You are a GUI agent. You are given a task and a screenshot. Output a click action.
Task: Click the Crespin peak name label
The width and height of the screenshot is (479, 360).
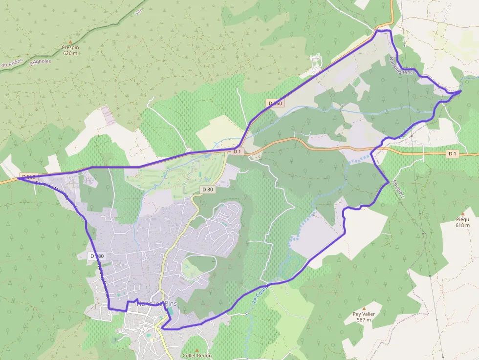(70, 47)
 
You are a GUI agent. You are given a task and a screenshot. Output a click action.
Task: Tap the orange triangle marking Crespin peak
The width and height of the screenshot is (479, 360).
(70, 42)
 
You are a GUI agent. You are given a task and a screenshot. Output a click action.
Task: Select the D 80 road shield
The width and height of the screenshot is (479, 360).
(208, 190)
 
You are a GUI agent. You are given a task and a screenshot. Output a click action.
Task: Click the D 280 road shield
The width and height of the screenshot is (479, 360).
(97, 256)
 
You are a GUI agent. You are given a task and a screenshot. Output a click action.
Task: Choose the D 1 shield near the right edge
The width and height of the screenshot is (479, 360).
(452, 154)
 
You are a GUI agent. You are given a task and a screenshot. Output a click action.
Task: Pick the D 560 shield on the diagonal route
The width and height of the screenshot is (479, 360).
(275, 103)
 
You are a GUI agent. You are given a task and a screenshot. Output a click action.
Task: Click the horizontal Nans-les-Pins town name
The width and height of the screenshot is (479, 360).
(157, 303)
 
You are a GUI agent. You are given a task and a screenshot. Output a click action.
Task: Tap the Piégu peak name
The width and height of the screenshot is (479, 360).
(462, 220)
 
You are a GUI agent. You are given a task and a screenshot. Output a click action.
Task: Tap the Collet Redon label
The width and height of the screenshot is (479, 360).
(197, 356)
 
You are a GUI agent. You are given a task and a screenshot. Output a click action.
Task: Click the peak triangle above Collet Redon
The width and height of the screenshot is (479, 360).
(197, 350)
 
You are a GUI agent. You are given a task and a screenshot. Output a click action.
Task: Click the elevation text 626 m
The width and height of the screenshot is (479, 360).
(70, 53)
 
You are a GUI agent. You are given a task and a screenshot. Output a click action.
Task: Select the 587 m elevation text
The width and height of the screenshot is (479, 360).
(364, 320)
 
